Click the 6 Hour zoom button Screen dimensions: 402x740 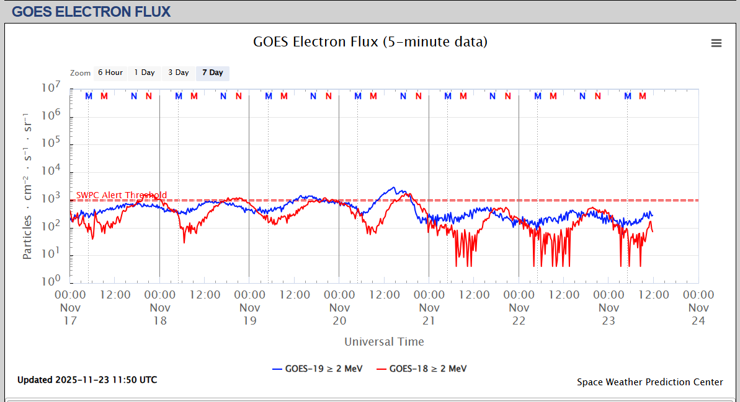(x=110, y=72)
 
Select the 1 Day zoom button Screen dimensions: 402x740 (x=145, y=72)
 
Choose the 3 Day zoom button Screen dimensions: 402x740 (x=179, y=72)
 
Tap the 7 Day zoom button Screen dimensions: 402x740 (x=212, y=72)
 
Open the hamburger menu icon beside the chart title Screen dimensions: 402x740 (x=716, y=43)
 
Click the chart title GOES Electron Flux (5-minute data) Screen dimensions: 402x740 (x=370, y=42)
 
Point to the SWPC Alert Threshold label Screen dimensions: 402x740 (x=122, y=195)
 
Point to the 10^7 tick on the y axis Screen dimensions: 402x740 (x=51, y=88)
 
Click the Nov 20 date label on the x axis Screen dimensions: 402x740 (x=339, y=313)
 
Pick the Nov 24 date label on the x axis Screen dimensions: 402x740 (x=698, y=313)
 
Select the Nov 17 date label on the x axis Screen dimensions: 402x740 (x=70, y=313)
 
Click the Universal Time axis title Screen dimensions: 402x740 (x=384, y=341)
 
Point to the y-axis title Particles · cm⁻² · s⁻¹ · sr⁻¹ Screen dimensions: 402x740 (x=28, y=186)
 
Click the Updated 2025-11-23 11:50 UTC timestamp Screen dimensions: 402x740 (x=87, y=380)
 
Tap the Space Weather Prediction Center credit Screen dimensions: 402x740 (x=649, y=382)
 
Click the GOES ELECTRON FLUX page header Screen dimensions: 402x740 (x=91, y=11)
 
